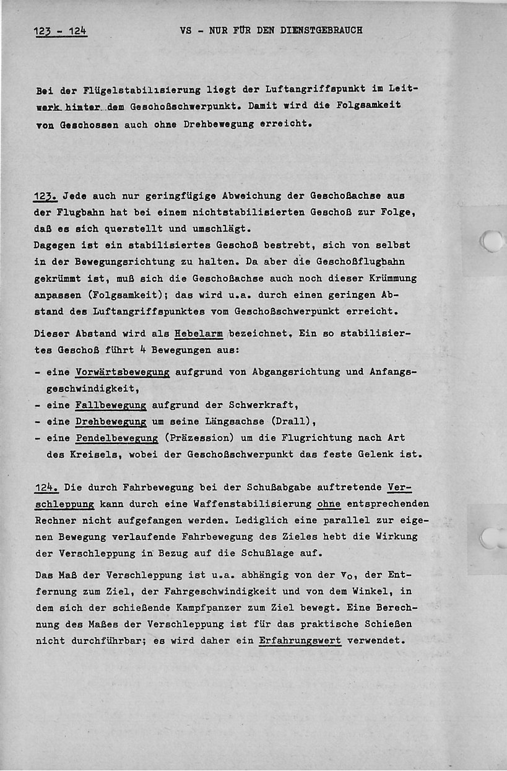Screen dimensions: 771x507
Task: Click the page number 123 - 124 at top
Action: pyautogui.click(x=60, y=30)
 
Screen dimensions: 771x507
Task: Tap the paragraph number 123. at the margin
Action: pyautogui.click(x=46, y=196)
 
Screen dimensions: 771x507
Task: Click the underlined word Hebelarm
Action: pyautogui.click(x=199, y=333)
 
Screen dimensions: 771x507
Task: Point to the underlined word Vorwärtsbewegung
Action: pyautogui.click(x=123, y=372)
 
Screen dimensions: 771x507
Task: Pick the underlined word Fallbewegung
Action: pyautogui.click(x=111, y=406)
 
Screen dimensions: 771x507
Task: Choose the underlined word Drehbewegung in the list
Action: pyautogui.click(x=111, y=422)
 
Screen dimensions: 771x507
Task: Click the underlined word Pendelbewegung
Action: pyautogui.click(x=116, y=438)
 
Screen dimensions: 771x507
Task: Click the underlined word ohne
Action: pyautogui.click(x=329, y=503)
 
